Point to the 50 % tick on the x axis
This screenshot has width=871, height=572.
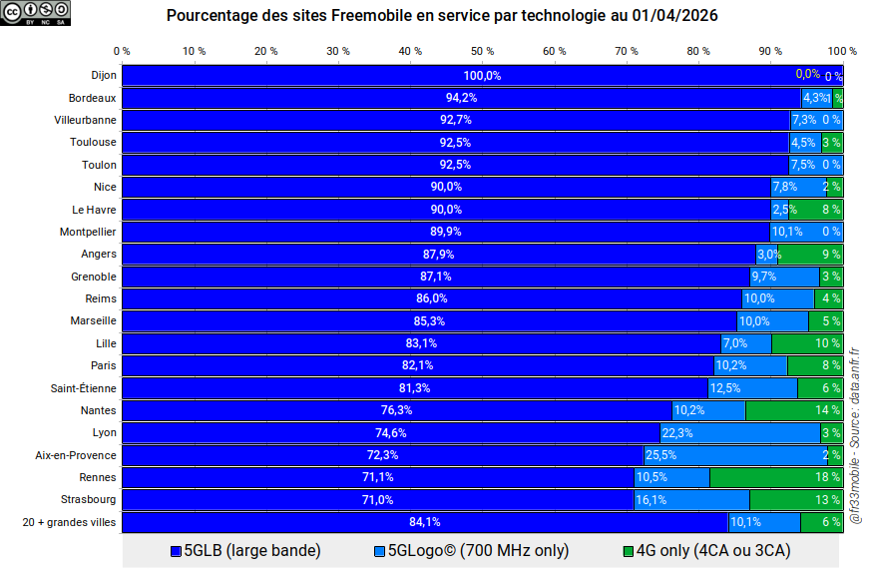pos(483,51)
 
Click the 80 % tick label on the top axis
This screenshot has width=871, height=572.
pos(698,51)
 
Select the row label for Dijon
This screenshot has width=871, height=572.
pos(103,76)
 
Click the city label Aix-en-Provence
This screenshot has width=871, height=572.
pos(76,455)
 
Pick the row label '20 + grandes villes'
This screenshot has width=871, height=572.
pos(69,521)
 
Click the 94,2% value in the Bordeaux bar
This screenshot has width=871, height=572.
pos(461,98)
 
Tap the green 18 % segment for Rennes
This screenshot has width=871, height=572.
pos(776,477)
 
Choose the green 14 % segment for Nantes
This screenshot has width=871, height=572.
pos(793,411)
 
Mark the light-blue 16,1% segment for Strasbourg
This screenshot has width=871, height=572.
pos(691,499)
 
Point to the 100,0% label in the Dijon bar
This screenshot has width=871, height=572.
pos(482,76)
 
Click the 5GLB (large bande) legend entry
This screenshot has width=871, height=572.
pos(245,550)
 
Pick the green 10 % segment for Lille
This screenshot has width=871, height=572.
pos(806,343)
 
